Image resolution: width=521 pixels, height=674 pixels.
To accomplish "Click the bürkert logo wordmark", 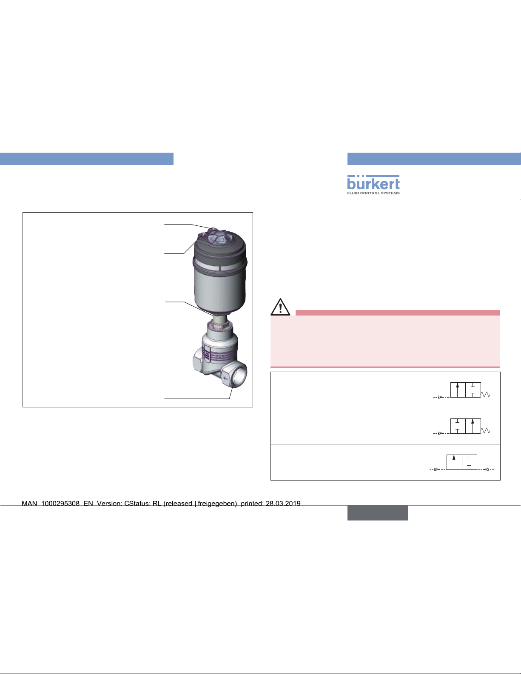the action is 373,183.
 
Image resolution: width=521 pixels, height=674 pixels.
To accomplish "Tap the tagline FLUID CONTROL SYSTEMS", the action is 373,193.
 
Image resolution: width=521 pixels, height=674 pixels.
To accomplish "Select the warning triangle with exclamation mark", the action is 280,307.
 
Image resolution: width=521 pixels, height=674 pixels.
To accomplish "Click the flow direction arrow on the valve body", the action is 225,378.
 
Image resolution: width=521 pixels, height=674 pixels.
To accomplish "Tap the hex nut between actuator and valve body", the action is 219,326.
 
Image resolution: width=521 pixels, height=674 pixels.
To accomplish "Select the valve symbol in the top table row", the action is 462,390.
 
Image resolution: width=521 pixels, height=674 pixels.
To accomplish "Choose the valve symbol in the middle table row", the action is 462,426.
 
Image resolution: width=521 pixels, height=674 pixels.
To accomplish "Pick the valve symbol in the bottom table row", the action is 461,463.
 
